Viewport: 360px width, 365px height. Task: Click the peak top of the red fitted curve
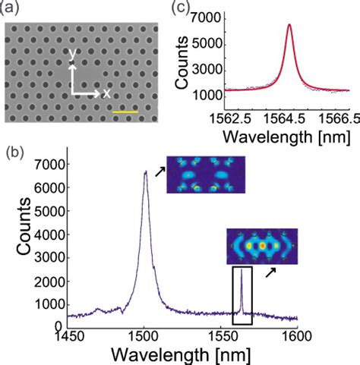pyautogui.click(x=289, y=25)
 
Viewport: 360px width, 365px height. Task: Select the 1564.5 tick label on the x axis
pyautogui.click(x=289, y=120)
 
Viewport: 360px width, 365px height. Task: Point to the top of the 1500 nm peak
pyautogui.click(x=145, y=171)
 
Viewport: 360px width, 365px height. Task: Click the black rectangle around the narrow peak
pyautogui.click(x=242, y=295)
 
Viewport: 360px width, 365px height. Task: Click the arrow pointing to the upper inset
pyautogui.click(x=159, y=174)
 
